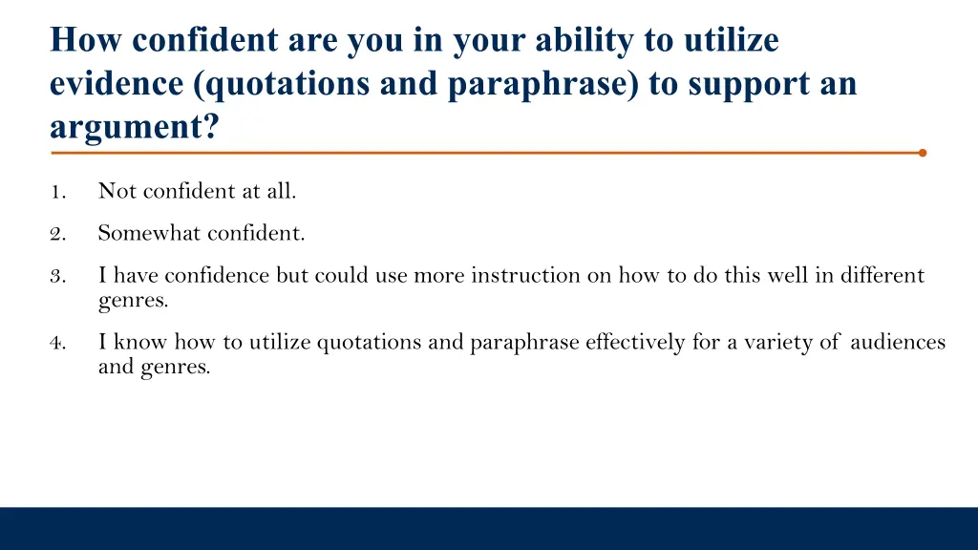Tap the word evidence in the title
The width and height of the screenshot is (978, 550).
coord(117,84)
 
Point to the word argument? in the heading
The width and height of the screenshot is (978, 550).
coord(134,127)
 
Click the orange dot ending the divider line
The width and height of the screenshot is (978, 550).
coord(922,152)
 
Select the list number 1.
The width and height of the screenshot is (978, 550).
coord(57,192)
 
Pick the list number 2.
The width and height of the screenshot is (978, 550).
coord(57,233)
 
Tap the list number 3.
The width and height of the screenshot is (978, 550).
coord(57,277)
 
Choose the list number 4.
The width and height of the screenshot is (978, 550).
coord(57,343)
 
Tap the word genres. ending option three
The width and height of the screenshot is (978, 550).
coord(133,301)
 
